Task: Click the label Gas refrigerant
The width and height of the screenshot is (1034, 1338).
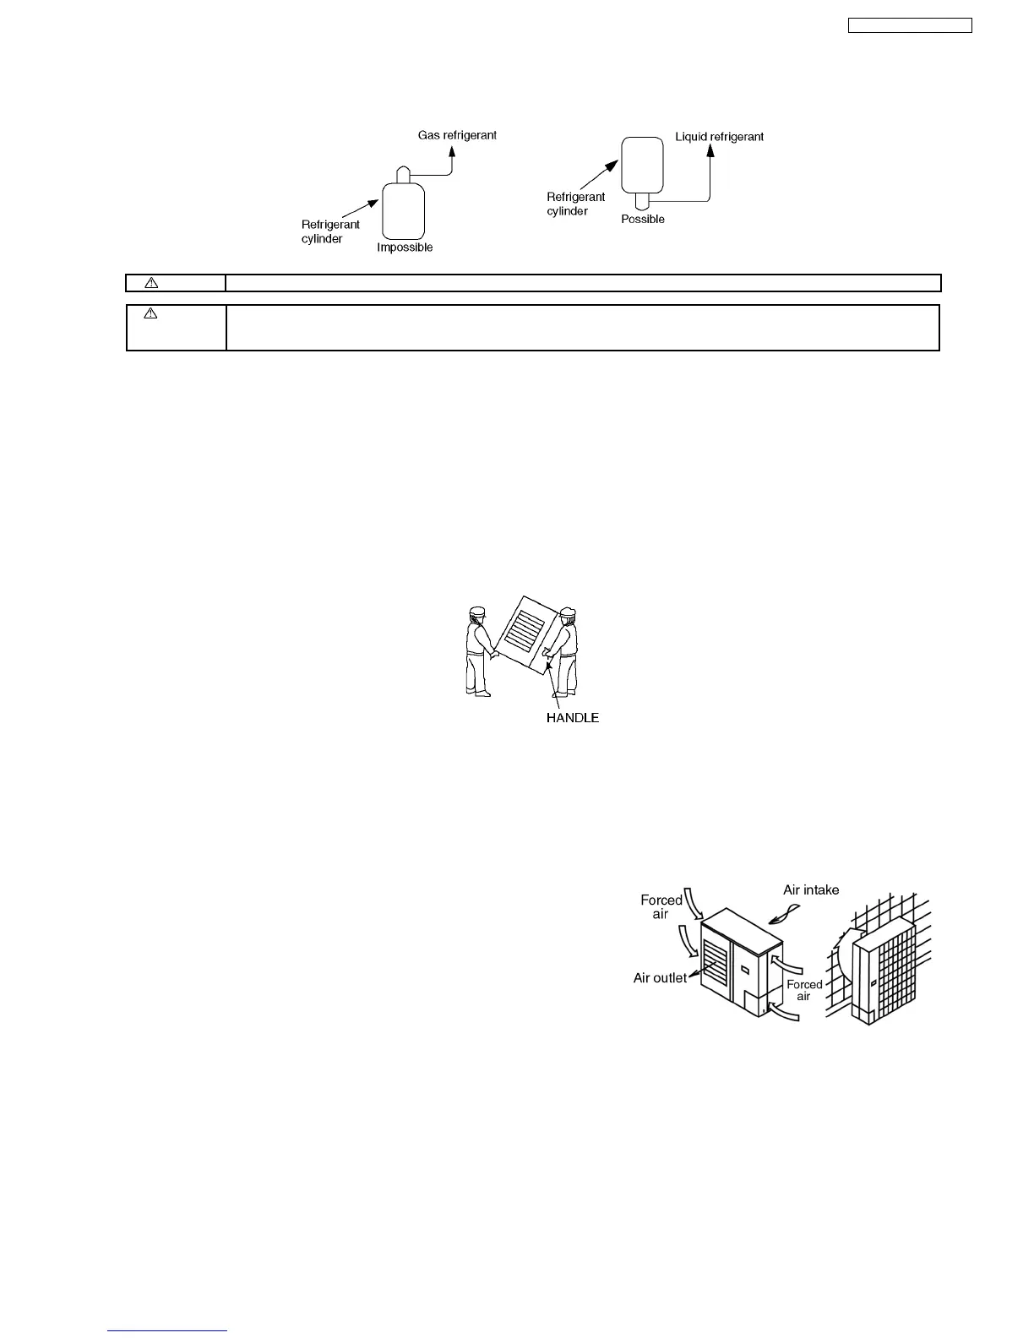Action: coord(457,135)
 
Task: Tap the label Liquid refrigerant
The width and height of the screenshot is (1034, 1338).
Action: coord(719,136)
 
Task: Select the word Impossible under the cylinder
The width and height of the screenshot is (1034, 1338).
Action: coord(405,247)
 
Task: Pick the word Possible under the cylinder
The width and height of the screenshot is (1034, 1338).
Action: coord(643,219)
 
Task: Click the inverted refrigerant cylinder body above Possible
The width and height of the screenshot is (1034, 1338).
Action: coord(643,165)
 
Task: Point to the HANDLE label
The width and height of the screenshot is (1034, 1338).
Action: coord(573,718)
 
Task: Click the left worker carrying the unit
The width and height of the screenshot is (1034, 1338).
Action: coord(479,650)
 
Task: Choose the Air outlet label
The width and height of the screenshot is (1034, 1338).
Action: coord(660,978)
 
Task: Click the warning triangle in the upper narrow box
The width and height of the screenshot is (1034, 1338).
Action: coord(151,283)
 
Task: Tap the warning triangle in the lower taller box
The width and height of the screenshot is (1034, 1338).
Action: coord(151,313)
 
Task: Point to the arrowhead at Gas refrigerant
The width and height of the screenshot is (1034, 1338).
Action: coord(452,150)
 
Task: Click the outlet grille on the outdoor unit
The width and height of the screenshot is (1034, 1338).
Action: coord(715,963)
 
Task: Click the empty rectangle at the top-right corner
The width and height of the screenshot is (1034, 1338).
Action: coord(910,26)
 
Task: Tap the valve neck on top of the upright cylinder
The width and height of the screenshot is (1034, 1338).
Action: coord(403,174)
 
